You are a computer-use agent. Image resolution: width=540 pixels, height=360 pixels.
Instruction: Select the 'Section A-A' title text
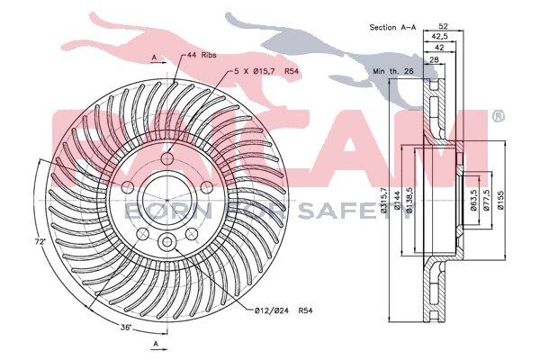[391, 28]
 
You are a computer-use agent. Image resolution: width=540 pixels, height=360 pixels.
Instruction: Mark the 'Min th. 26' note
[391, 68]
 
